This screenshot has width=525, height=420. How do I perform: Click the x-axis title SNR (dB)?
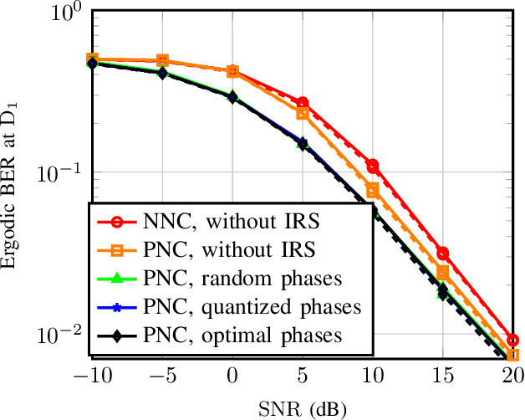pyautogui.click(x=302, y=407)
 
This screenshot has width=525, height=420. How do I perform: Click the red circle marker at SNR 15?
pyautogui.click(x=443, y=253)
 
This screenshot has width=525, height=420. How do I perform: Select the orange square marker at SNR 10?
pyautogui.click(x=373, y=191)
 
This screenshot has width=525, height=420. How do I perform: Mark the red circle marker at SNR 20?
pyautogui.click(x=512, y=341)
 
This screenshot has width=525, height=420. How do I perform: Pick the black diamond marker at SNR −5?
pyautogui.click(x=162, y=73)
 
